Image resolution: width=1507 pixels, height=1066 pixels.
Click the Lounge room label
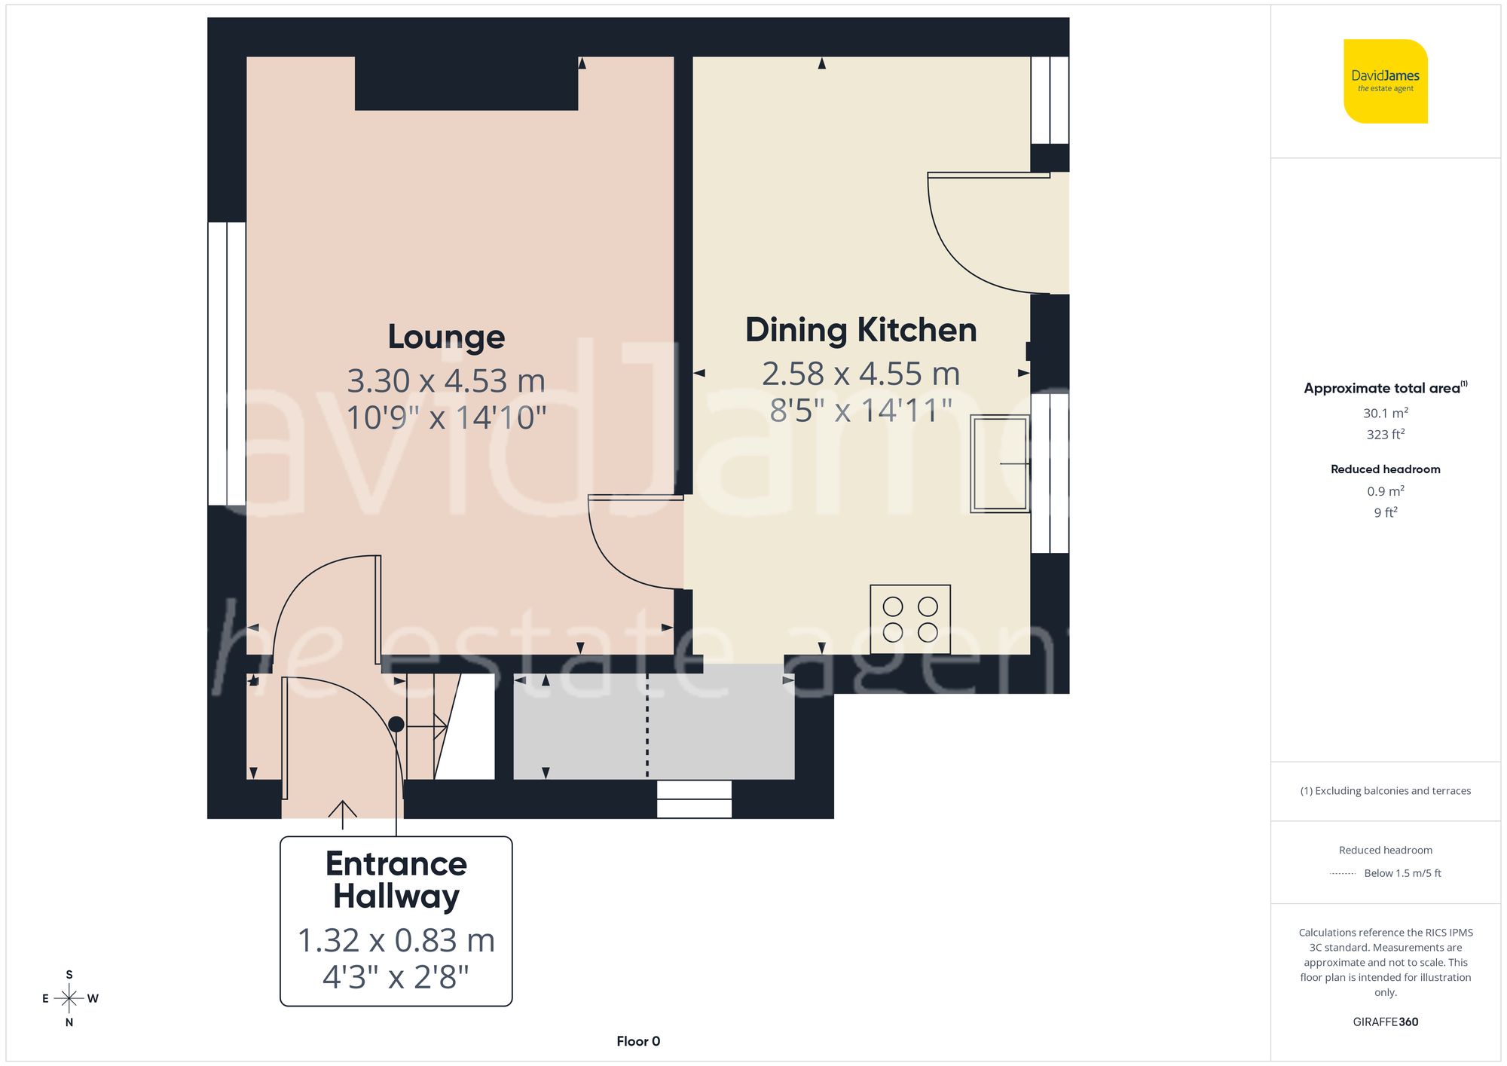(x=446, y=337)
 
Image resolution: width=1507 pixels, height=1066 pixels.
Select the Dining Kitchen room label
(x=860, y=330)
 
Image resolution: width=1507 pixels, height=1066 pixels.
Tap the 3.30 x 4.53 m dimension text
(x=446, y=380)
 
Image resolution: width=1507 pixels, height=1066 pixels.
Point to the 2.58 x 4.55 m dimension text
(x=860, y=374)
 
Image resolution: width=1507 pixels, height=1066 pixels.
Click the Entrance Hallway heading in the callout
(x=396, y=880)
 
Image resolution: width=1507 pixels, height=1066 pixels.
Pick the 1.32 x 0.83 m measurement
(x=396, y=940)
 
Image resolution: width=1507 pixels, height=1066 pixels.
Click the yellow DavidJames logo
(x=1385, y=81)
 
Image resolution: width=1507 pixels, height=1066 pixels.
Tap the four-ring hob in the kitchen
(x=910, y=619)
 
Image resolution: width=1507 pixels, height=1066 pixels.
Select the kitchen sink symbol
(x=1000, y=463)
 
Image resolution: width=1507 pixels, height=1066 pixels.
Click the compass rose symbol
(x=69, y=999)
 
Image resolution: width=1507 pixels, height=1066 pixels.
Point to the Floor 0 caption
(x=638, y=1041)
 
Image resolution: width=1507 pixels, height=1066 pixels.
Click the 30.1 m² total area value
(x=1385, y=413)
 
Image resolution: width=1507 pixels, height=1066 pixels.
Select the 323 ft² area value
(x=1385, y=435)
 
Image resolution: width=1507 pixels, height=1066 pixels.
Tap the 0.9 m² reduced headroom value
(x=1385, y=491)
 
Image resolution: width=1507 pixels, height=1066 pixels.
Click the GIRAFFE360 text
(x=1385, y=1022)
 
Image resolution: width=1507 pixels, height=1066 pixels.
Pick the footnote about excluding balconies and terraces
(x=1385, y=790)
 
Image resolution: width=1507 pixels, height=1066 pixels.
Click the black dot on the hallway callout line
(x=396, y=724)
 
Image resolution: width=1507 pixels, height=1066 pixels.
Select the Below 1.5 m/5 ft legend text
(x=1402, y=873)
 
